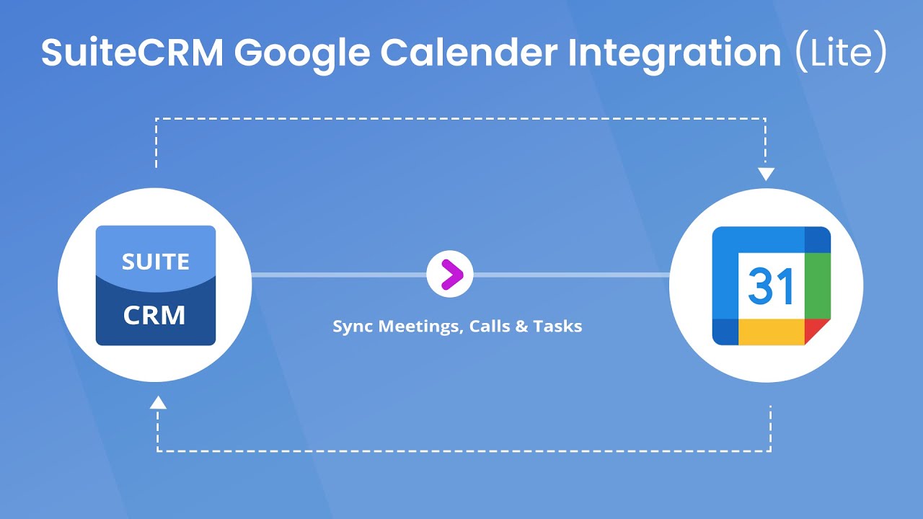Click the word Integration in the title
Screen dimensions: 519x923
coord(675,52)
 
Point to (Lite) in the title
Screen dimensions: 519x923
coord(839,52)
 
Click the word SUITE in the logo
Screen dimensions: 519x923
coord(156,261)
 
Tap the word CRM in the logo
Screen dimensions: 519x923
coord(154,315)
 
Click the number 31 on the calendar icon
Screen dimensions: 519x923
coord(770,287)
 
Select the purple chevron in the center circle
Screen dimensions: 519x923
coord(450,275)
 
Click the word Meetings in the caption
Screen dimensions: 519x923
coord(421,327)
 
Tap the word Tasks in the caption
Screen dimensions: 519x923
coord(558,327)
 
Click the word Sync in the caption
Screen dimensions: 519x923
coord(353,327)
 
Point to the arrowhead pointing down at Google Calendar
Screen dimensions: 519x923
coord(766,174)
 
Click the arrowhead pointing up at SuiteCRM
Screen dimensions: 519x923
coord(158,402)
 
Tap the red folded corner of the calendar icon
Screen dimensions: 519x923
coord(817,331)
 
